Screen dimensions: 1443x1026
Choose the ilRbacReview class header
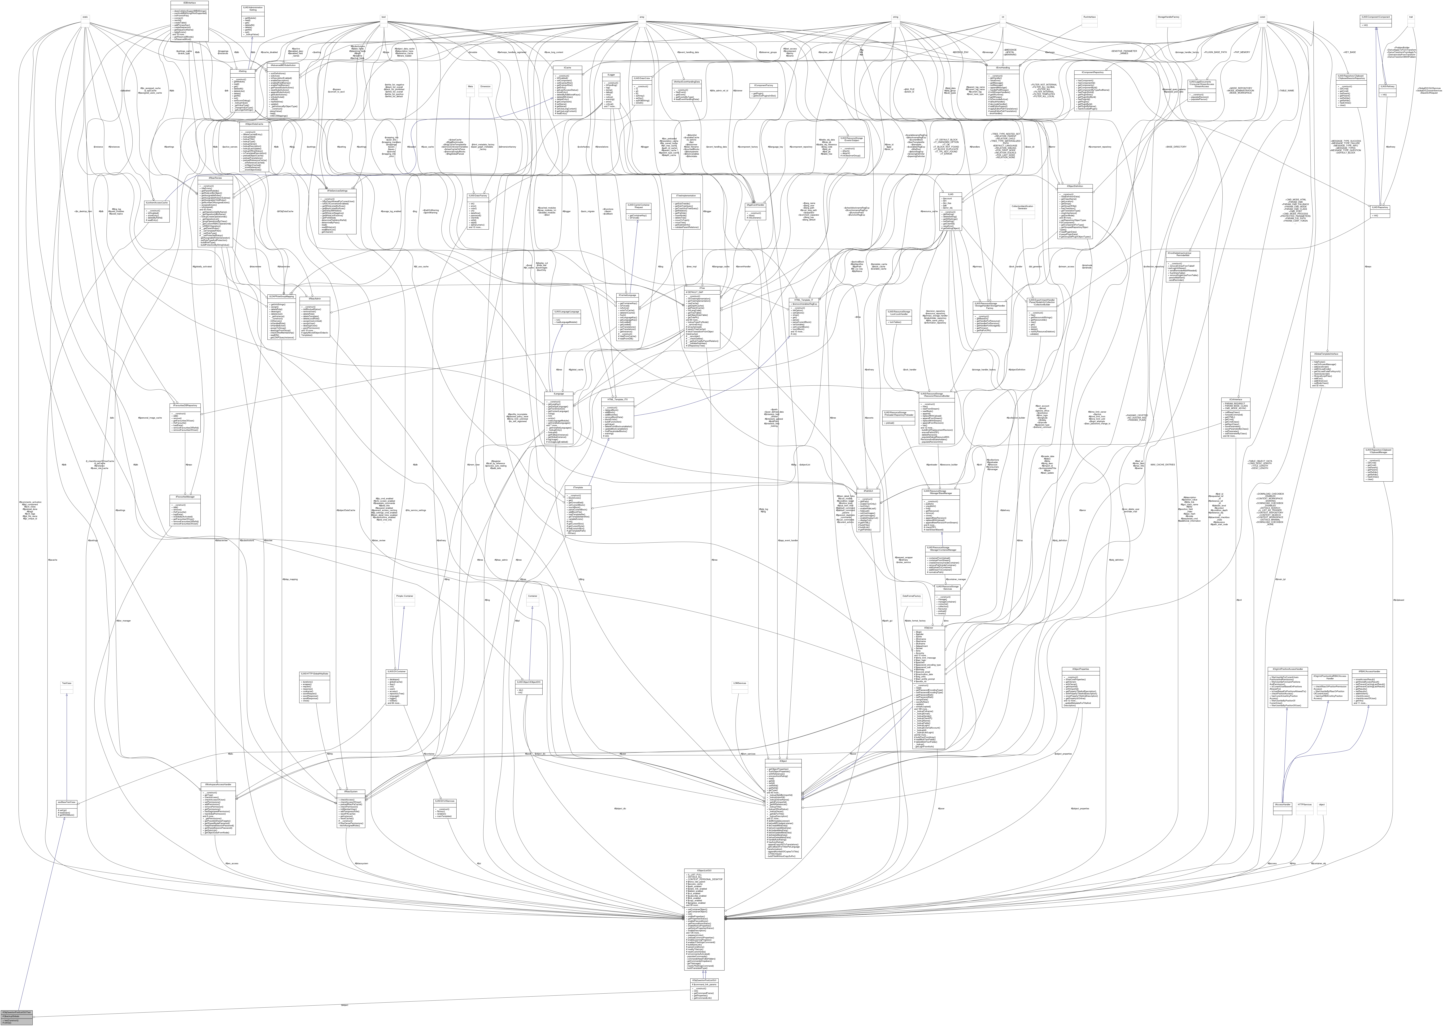(x=206, y=178)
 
